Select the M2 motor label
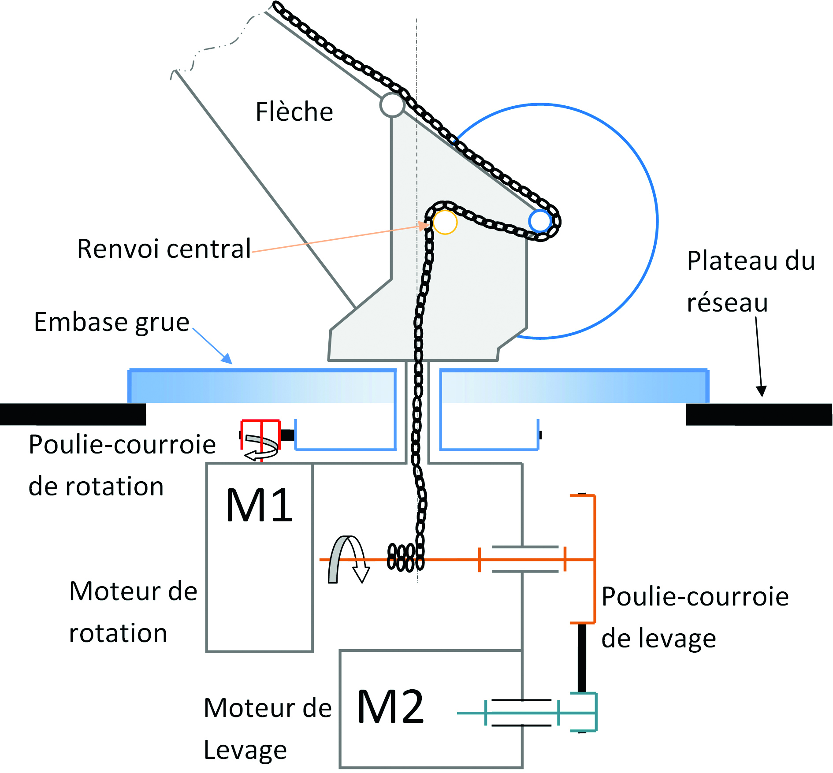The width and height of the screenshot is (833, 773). [x=390, y=707]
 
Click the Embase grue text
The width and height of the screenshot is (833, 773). [x=112, y=322]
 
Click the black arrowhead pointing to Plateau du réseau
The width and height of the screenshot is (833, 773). [x=761, y=391]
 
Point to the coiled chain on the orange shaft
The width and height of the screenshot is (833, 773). [x=405, y=558]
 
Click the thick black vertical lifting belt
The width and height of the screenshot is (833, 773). [x=582, y=658]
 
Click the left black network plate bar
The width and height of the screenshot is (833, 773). [x=73, y=414]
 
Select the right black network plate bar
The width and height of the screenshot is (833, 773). [x=759, y=414]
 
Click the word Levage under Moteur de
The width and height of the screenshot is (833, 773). [x=245, y=750]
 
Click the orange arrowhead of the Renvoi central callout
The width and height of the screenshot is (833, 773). [x=424, y=226]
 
